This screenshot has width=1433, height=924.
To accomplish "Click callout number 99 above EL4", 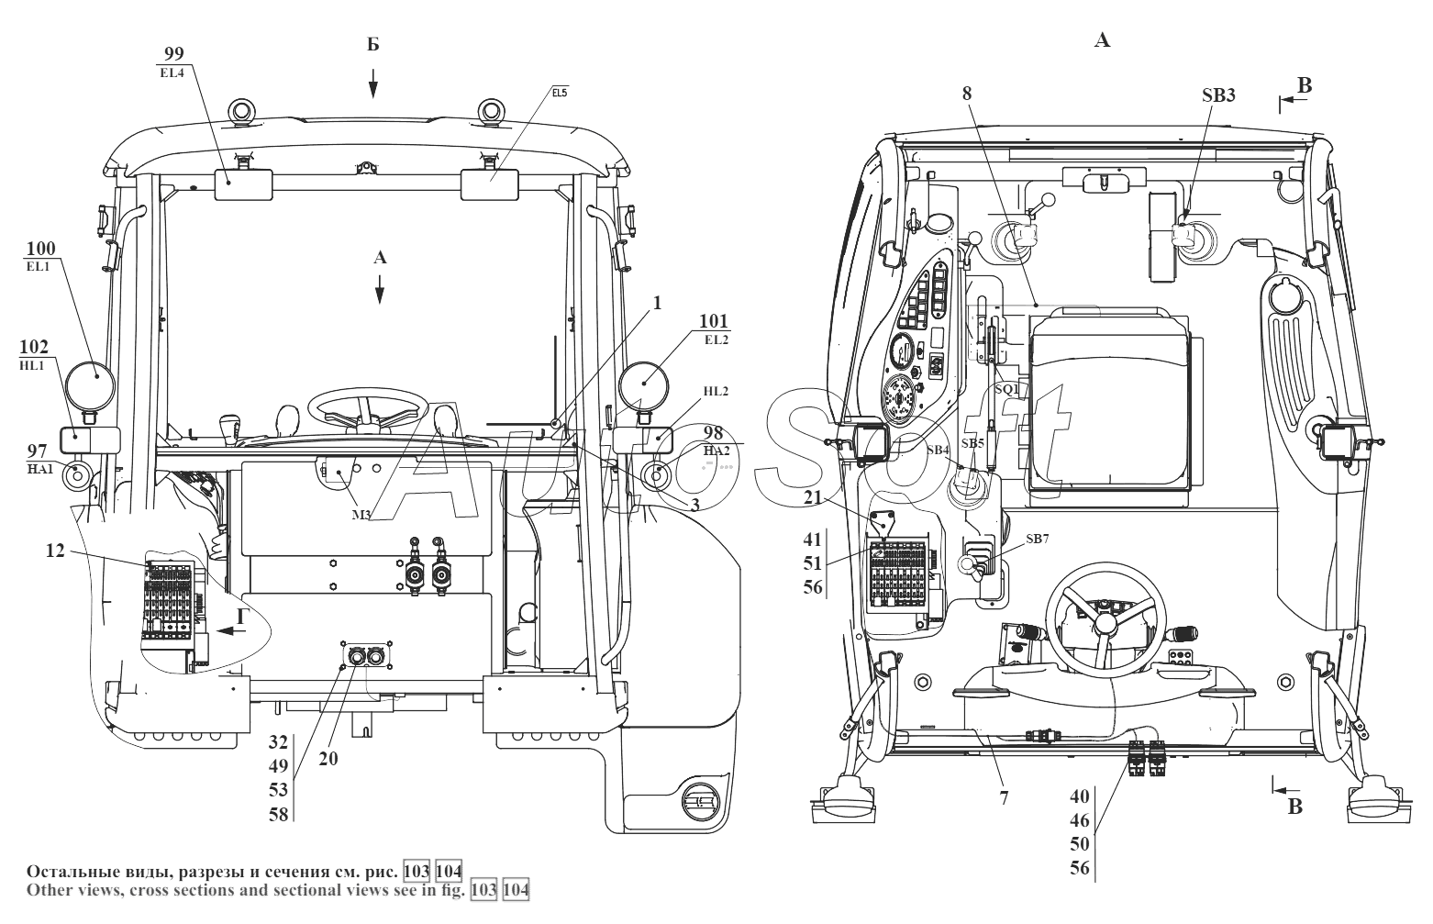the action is pyautogui.click(x=174, y=53).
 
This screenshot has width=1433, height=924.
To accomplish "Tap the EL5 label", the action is pyautogui.click(x=559, y=93).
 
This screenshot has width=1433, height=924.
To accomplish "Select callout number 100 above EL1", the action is pyautogui.click(x=41, y=249).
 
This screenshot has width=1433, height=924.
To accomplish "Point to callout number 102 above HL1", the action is pyautogui.click(x=34, y=347).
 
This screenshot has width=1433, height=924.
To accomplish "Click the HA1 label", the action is pyautogui.click(x=39, y=469).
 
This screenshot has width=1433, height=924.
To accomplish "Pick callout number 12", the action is pyautogui.click(x=55, y=551).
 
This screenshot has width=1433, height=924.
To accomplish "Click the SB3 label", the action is pyautogui.click(x=1218, y=95).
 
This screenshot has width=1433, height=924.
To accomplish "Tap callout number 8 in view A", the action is pyautogui.click(x=967, y=95).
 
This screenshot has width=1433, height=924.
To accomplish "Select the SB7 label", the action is pyautogui.click(x=1038, y=539).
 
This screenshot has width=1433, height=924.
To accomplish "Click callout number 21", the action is pyautogui.click(x=813, y=497).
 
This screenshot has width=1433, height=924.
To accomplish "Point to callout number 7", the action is pyautogui.click(x=1004, y=798).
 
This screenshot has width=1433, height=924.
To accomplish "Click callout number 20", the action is pyautogui.click(x=328, y=759).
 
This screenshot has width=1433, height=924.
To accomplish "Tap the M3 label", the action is pyautogui.click(x=361, y=515).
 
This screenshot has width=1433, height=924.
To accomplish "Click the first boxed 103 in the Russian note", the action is pyautogui.click(x=417, y=871).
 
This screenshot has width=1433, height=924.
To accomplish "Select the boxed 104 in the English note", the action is pyautogui.click(x=516, y=890).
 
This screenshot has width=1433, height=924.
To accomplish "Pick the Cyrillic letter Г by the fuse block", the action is pyautogui.click(x=242, y=617).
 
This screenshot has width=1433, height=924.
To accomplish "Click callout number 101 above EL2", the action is pyautogui.click(x=714, y=321).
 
